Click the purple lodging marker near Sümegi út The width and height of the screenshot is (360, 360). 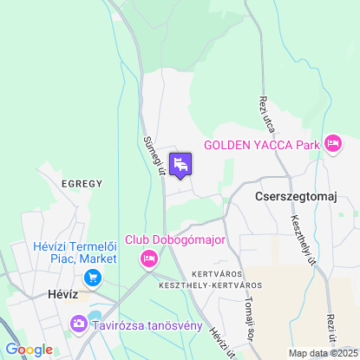tap(180, 164)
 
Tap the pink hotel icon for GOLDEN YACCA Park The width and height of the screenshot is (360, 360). tap(333, 144)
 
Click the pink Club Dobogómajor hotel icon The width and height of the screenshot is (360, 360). tap(149, 258)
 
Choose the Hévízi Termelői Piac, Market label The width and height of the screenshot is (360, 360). tap(75, 252)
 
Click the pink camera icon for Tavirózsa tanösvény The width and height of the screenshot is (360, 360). tap(79, 324)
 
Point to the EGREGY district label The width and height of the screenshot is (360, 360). tap(82, 184)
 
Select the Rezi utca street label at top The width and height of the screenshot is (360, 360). tap(265, 113)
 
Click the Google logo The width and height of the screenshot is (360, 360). tap(29, 349)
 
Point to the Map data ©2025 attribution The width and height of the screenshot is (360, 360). tap(322, 353)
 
